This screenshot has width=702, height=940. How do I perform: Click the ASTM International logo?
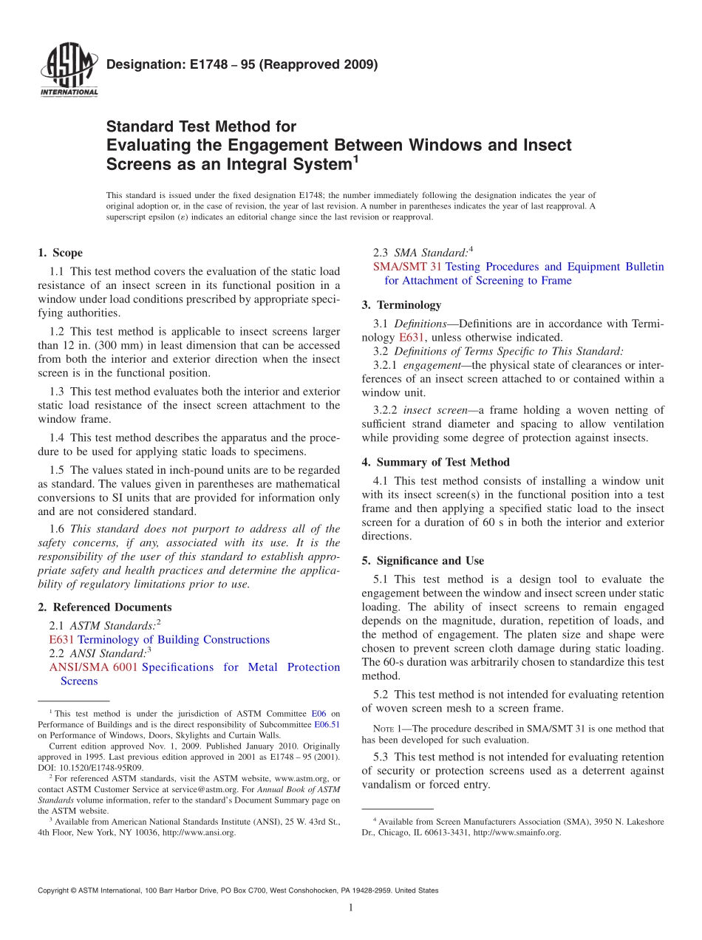[x=68, y=71]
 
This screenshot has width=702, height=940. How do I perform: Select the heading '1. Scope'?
[x=60, y=253]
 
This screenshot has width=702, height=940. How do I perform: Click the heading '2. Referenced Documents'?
[x=104, y=607]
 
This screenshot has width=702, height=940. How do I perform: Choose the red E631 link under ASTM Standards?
[x=61, y=640]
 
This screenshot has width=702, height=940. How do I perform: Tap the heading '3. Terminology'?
[x=401, y=305]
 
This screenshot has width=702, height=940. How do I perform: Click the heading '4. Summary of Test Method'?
[x=435, y=463]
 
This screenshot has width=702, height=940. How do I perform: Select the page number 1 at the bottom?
[x=351, y=907]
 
